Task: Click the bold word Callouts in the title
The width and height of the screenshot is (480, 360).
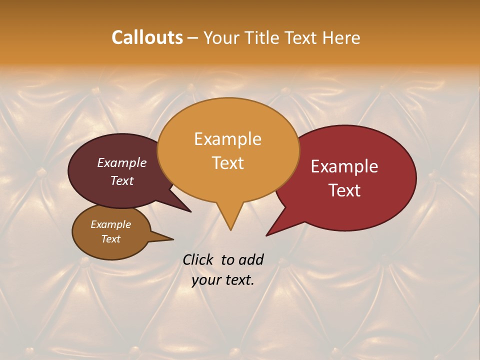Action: (147, 37)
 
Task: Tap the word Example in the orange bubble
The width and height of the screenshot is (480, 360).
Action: (227, 139)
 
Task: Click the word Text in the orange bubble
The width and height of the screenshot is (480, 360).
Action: (227, 162)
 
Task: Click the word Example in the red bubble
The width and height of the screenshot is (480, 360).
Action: (344, 166)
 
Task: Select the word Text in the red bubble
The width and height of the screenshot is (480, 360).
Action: (345, 190)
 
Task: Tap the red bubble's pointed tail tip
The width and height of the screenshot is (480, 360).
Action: (267, 235)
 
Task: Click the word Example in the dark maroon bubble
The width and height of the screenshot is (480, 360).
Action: (121, 162)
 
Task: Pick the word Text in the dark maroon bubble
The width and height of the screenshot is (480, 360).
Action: (121, 180)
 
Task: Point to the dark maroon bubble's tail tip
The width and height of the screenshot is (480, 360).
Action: (190, 211)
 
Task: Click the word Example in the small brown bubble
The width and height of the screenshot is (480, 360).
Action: (110, 224)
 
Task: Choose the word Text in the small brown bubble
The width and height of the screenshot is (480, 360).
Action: (110, 239)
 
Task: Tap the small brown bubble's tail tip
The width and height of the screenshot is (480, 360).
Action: (173, 239)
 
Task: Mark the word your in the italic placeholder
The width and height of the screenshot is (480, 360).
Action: (206, 280)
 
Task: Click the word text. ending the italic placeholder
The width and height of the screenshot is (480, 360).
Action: (239, 280)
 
